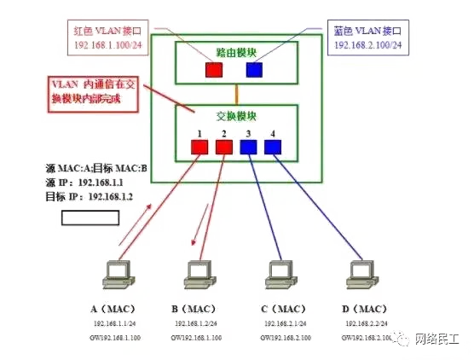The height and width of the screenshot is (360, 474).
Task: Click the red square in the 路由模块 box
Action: [212, 69]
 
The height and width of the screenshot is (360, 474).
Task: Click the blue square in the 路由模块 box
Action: [254, 69]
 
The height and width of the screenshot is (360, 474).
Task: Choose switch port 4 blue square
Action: [272, 148]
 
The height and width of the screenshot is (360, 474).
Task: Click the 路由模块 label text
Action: [234, 49]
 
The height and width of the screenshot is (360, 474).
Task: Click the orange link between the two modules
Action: [234, 92]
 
